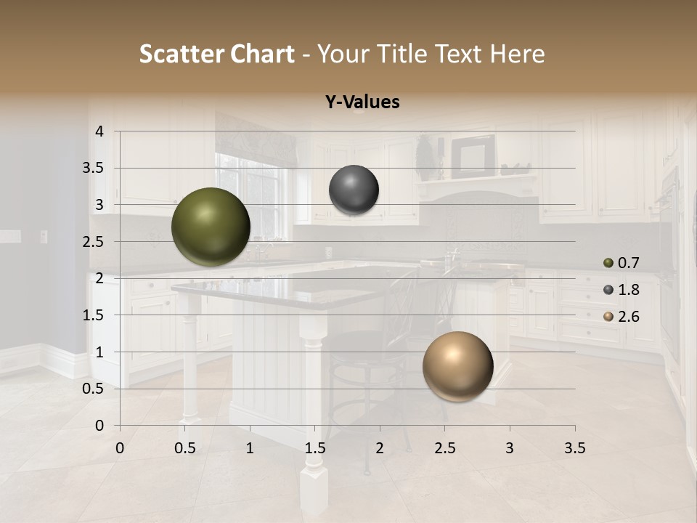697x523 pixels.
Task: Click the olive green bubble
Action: tap(211, 227)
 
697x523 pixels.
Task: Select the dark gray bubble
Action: tap(354, 190)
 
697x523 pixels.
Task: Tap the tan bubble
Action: tap(457, 366)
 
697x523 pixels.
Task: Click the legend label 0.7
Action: tap(628, 263)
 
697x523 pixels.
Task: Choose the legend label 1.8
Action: tap(628, 290)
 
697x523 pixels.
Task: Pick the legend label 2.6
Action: tap(628, 317)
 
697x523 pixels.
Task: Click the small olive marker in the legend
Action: tap(608, 263)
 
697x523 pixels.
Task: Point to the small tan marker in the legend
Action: tap(608, 317)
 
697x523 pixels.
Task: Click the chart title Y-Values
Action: tap(362, 102)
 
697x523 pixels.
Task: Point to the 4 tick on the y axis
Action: tap(99, 131)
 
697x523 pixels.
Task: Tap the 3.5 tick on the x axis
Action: tap(574, 448)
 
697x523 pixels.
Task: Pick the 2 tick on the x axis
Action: tap(380, 448)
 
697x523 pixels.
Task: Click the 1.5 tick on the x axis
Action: tap(314, 448)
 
